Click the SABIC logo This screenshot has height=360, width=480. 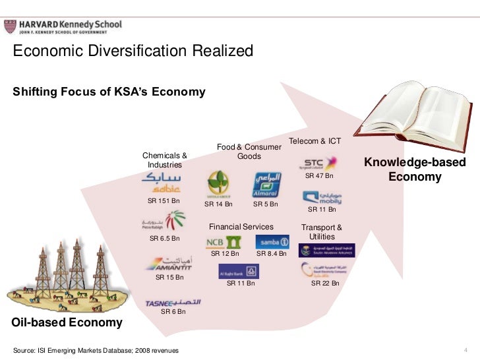[161, 183]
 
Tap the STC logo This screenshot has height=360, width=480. [319, 164]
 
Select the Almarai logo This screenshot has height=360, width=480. [268, 185]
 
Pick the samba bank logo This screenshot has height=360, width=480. [271, 241]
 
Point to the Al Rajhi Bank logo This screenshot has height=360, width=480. [239, 271]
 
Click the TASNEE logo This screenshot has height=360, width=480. [173, 303]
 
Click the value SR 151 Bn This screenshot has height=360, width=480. [164, 201]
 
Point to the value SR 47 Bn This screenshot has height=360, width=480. [319, 176]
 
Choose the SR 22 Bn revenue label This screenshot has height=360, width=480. [325, 283]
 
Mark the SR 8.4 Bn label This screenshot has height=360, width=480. [272, 253]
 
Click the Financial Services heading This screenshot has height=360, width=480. [241, 227]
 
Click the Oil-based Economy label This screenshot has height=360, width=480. [67, 322]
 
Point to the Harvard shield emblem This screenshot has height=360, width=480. [10, 27]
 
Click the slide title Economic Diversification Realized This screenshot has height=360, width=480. [134, 51]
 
